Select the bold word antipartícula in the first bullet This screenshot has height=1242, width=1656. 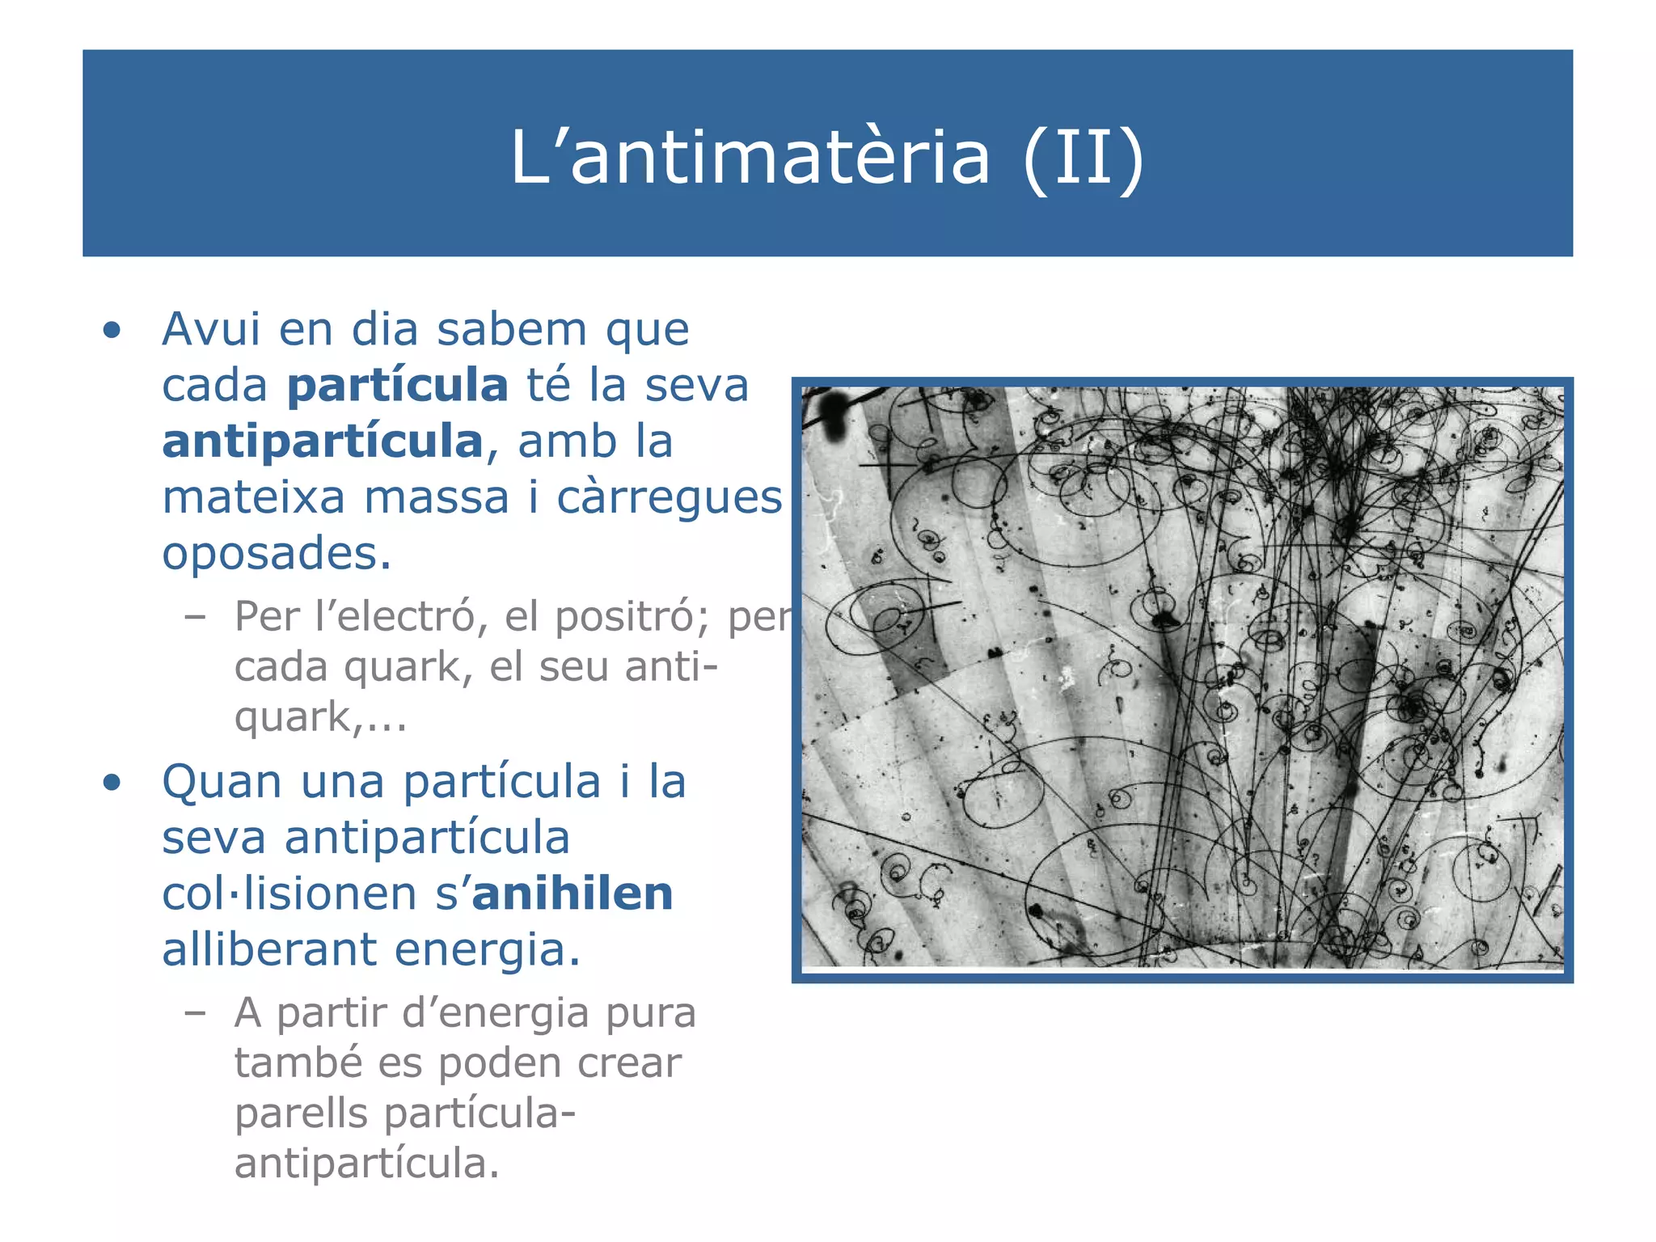click(323, 441)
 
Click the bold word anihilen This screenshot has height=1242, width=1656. click(572, 893)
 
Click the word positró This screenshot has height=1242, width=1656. click(630, 617)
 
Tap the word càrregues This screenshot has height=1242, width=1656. click(669, 497)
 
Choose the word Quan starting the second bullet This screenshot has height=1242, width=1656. click(222, 783)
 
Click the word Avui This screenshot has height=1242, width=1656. click(210, 330)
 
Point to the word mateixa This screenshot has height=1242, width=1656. click(253, 497)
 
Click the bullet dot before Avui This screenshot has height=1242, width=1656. click(112, 331)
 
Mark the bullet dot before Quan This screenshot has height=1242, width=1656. click(112, 783)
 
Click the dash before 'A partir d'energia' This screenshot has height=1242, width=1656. click(194, 1012)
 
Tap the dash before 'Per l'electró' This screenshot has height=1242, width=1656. click(194, 617)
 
